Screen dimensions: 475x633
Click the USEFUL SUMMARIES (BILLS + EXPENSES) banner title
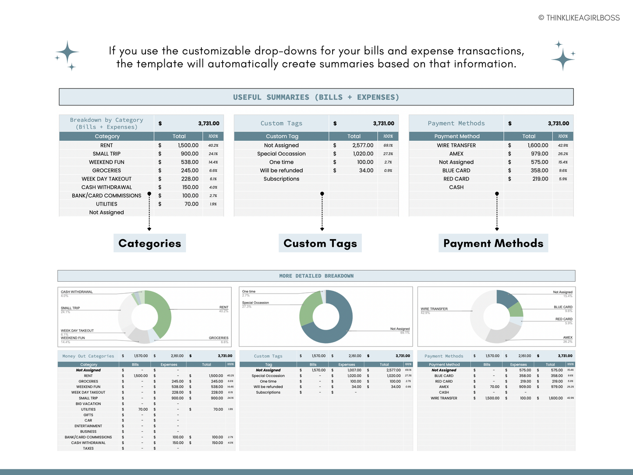click(x=316, y=97)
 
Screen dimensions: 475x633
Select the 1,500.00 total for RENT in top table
click(x=188, y=145)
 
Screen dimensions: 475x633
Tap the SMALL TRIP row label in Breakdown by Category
click(x=106, y=154)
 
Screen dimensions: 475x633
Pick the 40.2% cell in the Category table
click(x=213, y=145)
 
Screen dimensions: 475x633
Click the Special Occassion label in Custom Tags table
click(x=281, y=154)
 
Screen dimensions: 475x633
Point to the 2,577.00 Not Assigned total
click(x=363, y=145)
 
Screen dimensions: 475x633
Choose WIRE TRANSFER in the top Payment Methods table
click(x=456, y=145)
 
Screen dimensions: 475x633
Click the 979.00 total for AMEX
click(x=539, y=154)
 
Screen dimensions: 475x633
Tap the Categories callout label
click(x=149, y=244)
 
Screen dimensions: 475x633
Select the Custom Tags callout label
click(x=320, y=244)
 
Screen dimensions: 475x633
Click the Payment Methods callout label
click(x=493, y=244)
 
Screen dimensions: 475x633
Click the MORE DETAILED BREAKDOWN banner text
click(x=316, y=276)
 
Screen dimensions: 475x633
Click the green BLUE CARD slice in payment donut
click(x=516, y=310)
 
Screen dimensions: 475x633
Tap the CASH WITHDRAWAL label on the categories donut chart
click(x=77, y=292)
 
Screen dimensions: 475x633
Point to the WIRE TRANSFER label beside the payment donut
click(x=434, y=309)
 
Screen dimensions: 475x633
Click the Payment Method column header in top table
click(x=456, y=136)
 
